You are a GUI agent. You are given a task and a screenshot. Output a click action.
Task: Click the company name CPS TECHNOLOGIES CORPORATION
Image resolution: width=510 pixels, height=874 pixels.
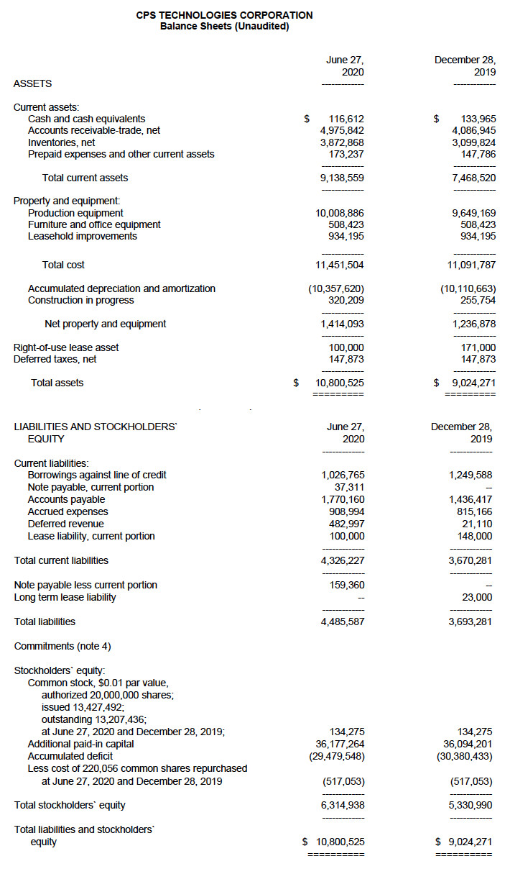pos(224,15)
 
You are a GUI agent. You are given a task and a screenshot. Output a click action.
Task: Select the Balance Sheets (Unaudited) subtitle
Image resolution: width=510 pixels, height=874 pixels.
pos(224,27)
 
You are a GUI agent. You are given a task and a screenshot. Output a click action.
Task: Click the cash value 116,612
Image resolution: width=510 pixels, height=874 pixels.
pos(346,119)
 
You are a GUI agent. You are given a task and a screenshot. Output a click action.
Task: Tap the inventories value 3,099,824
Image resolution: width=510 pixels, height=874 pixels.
pos(473,142)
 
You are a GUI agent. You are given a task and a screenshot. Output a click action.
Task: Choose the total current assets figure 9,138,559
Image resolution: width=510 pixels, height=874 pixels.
pos(342,178)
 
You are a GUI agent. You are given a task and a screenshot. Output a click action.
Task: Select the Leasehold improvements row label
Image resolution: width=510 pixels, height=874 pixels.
pos(83,236)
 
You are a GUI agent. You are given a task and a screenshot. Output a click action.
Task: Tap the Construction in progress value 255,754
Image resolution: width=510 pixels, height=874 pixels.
pos(478,300)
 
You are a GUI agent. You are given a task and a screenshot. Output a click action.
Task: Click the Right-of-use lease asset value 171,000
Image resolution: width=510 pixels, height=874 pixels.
pos(478,347)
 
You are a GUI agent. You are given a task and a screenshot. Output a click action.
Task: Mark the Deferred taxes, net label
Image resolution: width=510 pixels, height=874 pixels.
pos(55,359)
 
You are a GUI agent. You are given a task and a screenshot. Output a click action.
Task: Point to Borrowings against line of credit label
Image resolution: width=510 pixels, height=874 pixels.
pos(97,475)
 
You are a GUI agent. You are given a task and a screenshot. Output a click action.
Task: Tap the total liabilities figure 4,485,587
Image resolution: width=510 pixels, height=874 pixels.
pos(342,622)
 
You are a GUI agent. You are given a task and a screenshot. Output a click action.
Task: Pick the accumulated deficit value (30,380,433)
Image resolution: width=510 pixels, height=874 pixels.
pos(465,756)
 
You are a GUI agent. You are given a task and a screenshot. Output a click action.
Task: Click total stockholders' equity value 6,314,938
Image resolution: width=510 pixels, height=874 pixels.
pos(342,805)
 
